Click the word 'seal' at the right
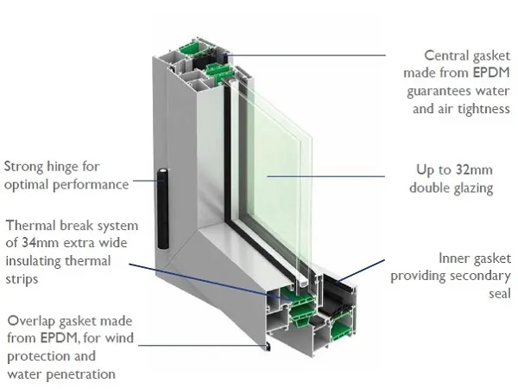497,294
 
